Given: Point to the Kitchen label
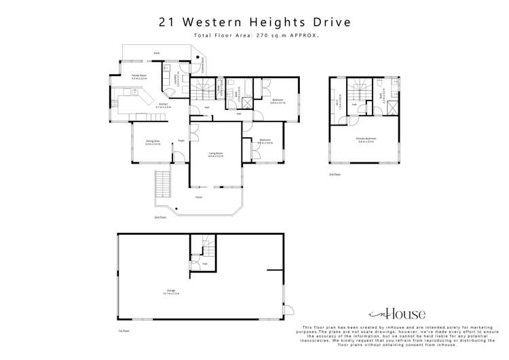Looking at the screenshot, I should (164, 105).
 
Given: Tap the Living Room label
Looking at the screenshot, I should (215, 154).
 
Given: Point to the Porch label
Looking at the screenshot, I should (199, 197).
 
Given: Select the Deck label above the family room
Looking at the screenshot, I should (156, 52).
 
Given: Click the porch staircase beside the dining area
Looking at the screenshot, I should (163, 183).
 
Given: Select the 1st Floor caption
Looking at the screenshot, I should (124, 331).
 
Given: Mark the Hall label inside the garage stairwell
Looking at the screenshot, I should (204, 264).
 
